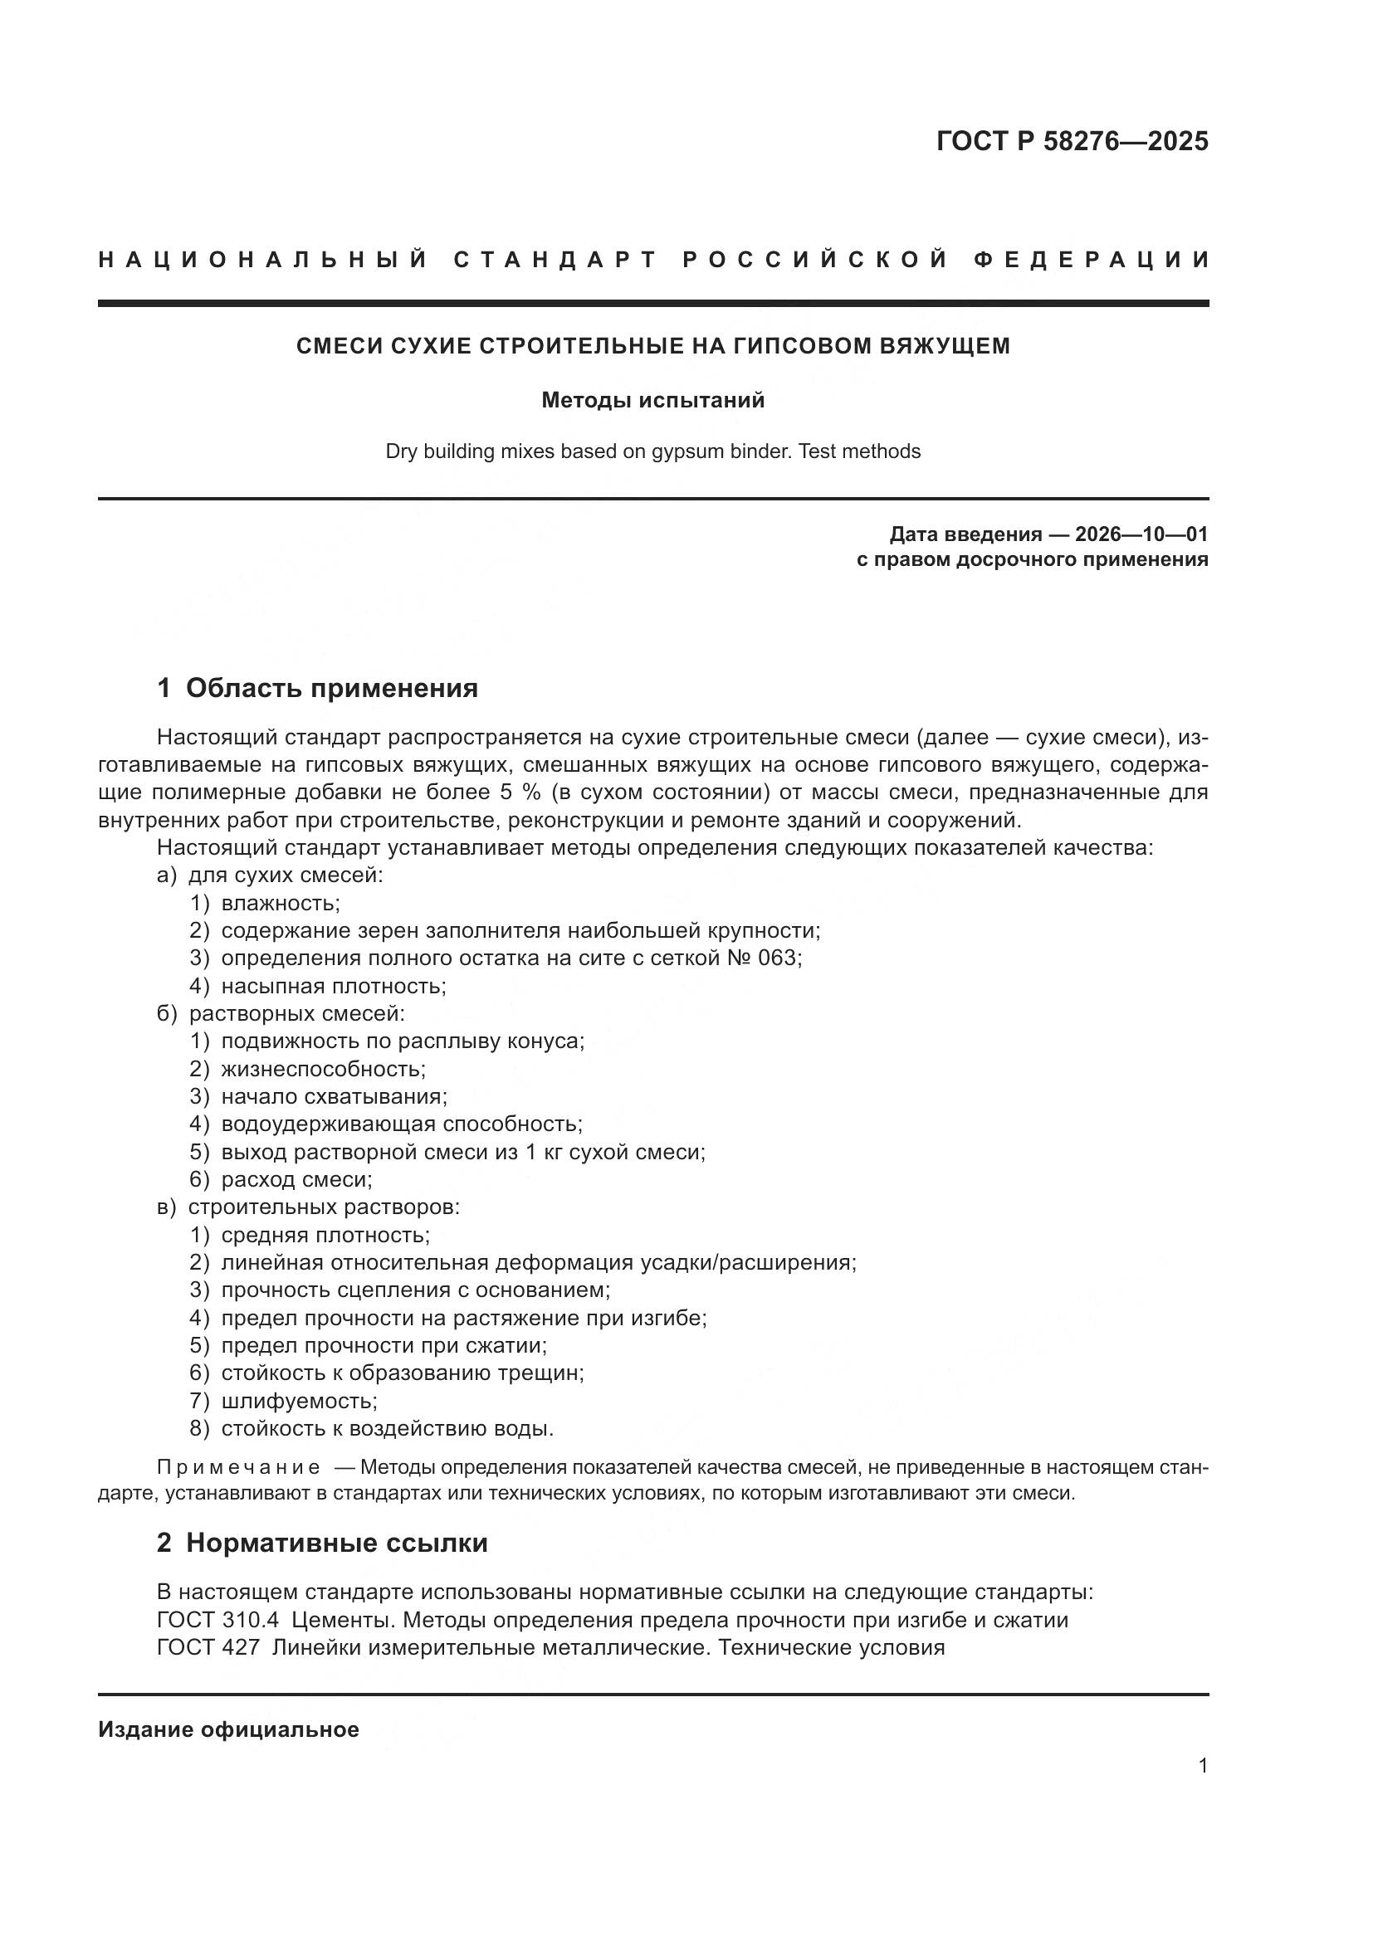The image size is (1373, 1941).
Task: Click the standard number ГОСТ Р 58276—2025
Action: point(1072,141)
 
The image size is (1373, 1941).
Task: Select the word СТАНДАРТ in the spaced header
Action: point(555,260)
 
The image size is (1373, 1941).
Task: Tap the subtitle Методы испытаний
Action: point(652,400)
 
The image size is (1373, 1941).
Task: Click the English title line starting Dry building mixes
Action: point(652,451)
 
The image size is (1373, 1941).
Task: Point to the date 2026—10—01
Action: point(1141,534)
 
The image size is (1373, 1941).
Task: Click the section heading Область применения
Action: point(331,688)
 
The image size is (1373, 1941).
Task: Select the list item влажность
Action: point(280,903)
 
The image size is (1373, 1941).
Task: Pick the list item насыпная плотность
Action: point(333,986)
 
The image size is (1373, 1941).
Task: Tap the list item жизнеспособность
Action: point(323,1069)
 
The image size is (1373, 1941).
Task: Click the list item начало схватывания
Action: point(334,1096)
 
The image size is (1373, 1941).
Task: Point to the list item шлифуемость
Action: point(299,1401)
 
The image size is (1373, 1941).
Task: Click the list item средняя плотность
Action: point(325,1235)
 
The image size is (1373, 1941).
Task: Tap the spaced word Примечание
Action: point(238,1466)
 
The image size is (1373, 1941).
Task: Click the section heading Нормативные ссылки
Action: point(336,1543)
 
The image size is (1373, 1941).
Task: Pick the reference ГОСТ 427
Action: point(208,1648)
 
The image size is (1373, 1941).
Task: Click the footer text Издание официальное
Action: point(228,1729)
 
